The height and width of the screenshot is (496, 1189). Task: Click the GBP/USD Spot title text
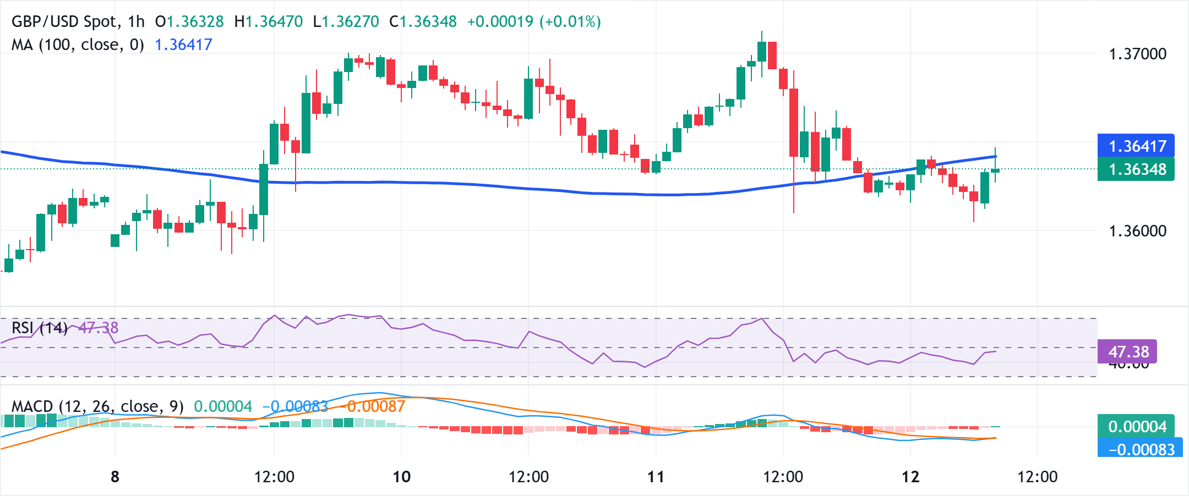[78, 21]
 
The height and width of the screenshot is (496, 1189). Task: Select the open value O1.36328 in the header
[189, 21]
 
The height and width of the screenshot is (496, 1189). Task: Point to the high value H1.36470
[268, 21]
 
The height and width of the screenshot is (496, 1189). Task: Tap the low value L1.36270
[346, 21]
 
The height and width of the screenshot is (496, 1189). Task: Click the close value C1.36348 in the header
[423, 21]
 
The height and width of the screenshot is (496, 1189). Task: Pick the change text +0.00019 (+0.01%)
[533, 21]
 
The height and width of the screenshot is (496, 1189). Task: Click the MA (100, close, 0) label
[78, 45]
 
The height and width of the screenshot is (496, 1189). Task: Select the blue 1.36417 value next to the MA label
[183, 45]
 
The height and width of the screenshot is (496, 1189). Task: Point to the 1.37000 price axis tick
[1137, 54]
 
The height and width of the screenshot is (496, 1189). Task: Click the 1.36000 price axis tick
[1137, 230]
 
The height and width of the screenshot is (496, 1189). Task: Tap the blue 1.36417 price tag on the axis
[1136, 146]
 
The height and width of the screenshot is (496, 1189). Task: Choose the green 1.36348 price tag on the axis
[1136, 169]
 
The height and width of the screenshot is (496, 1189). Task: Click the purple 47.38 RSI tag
[1127, 351]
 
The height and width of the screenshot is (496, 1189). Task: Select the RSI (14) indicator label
[40, 328]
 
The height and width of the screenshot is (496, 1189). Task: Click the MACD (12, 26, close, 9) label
[97, 406]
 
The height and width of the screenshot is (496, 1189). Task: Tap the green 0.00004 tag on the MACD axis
[1136, 426]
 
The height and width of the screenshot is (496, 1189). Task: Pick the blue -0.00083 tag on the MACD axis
[1139, 449]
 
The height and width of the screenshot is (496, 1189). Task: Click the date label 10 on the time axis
[402, 476]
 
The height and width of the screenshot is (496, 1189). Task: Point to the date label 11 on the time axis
[656, 476]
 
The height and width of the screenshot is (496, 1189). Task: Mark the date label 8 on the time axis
[115, 476]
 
